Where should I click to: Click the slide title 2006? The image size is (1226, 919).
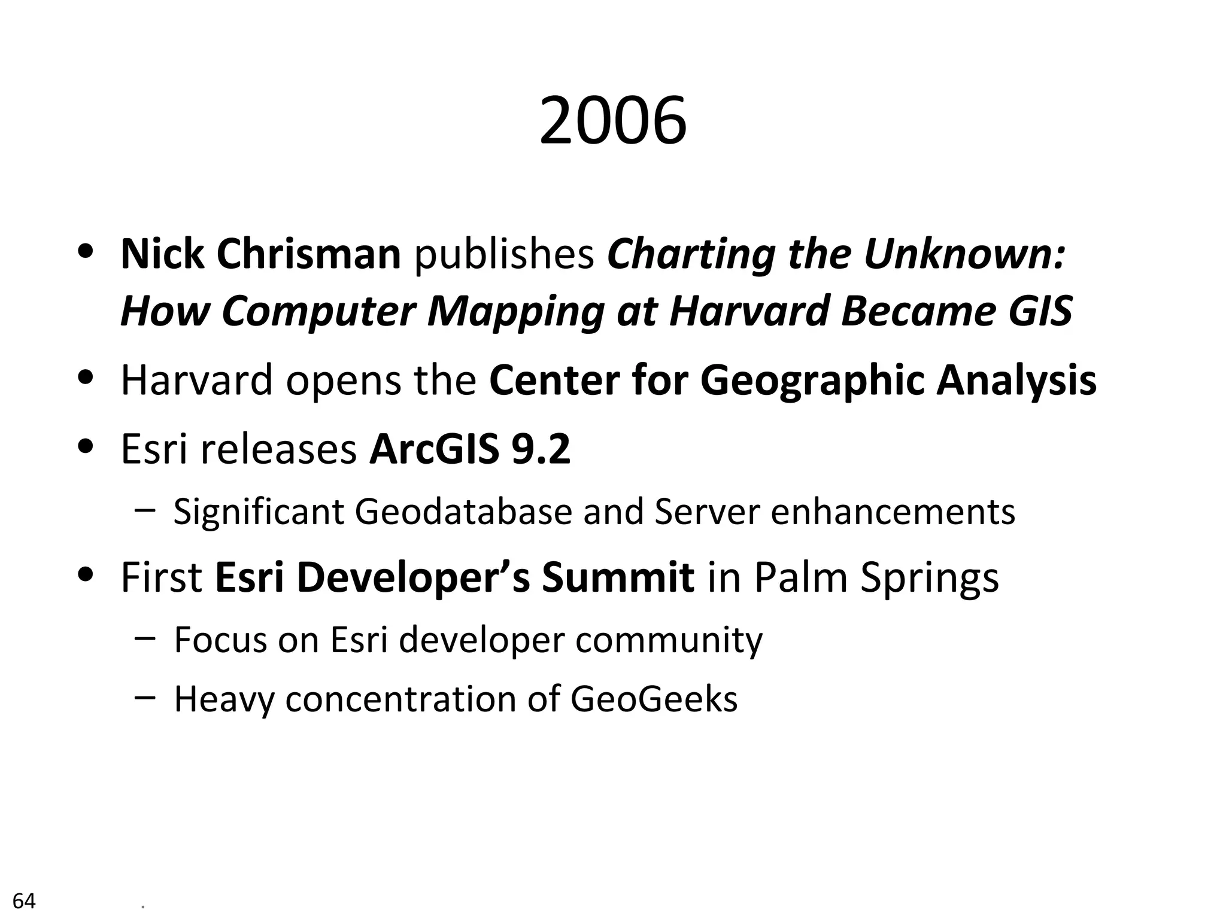click(612, 122)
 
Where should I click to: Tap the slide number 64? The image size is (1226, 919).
click(24, 900)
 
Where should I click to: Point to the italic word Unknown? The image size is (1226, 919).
click(964, 254)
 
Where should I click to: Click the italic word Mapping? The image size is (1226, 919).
click(515, 312)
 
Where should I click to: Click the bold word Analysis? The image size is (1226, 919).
click(1016, 381)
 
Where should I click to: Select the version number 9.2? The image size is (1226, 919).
click(541, 449)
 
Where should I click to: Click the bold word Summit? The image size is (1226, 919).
click(618, 577)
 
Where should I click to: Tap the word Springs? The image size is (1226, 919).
click(930, 579)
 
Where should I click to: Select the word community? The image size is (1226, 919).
click(669, 640)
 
